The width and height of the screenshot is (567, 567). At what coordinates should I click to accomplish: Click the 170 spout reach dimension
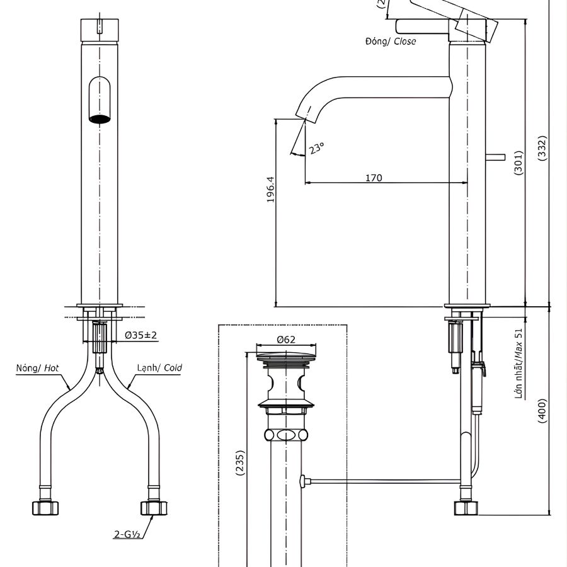click(x=374, y=178)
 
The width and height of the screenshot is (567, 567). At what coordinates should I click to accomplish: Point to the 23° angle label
click(x=316, y=148)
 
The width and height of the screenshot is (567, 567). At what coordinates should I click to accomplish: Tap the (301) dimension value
click(x=518, y=163)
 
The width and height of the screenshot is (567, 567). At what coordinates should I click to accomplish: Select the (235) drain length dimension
click(x=240, y=463)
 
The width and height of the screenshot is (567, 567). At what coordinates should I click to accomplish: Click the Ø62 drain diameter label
click(x=286, y=339)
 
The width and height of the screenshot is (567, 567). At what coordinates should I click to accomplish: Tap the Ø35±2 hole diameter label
click(x=140, y=335)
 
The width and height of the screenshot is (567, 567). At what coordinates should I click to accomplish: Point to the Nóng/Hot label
click(x=38, y=368)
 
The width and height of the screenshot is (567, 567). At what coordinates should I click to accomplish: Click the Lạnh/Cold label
click(x=159, y=368)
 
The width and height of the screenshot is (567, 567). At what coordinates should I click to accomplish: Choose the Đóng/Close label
click(x=390, y=42)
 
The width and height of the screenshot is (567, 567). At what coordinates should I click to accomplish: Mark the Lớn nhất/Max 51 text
click(x=519, y=364)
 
